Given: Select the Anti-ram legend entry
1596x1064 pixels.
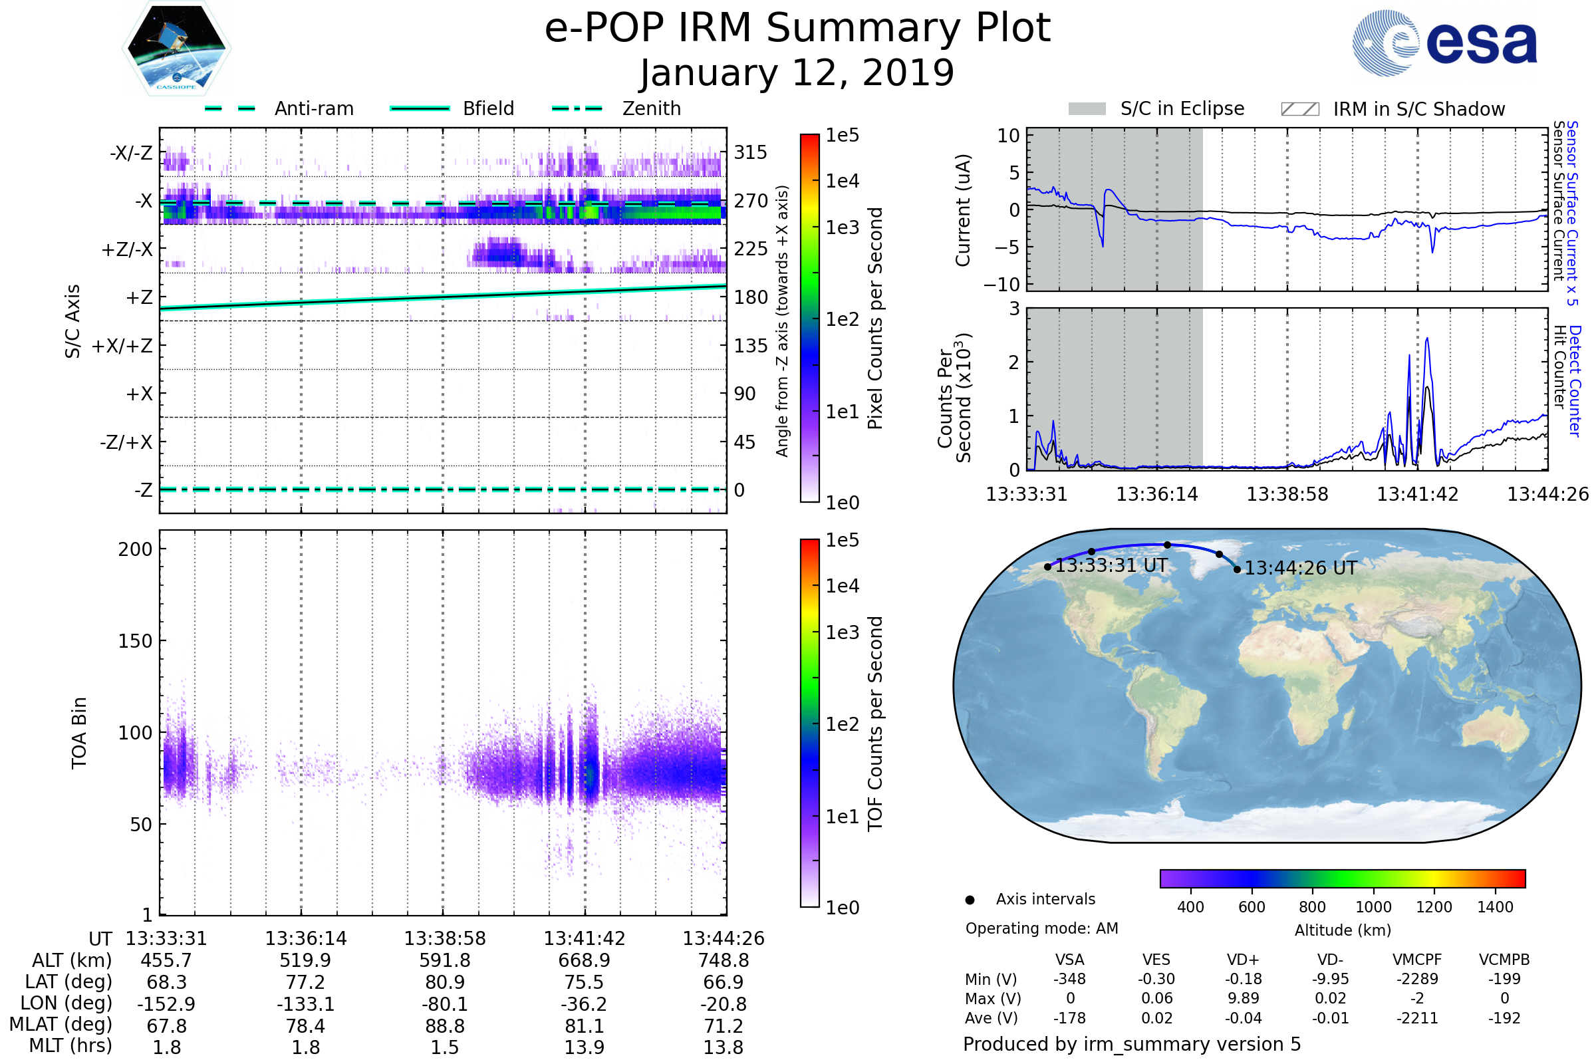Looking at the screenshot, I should [313, 108].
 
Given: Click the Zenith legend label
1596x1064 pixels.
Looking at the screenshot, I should [652, 108].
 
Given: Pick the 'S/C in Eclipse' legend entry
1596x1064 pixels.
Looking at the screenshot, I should [1182, 108].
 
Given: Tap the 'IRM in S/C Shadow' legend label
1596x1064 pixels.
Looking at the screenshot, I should [1419, 109].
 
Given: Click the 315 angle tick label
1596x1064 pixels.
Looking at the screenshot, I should [751, 153].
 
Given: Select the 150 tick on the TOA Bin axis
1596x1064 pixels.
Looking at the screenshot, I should [135, 641].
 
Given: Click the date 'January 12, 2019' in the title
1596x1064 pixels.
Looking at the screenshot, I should [797, 73].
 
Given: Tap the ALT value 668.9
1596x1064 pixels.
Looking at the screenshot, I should [585, 961].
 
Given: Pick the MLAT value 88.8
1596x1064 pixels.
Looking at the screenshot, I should [444, 1026].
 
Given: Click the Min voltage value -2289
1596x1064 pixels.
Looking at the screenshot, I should [1418, 979].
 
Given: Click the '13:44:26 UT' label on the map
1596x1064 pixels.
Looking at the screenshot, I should [1301, 569].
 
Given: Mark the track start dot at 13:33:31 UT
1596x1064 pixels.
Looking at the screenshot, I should [1048, 567].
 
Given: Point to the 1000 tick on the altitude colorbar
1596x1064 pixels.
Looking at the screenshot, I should [1373, 907].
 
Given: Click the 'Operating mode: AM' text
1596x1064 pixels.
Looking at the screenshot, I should [1041, 928].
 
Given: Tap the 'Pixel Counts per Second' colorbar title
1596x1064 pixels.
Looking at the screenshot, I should [875, 319].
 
